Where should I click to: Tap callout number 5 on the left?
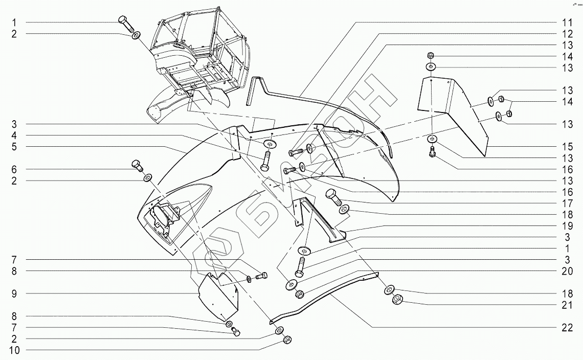[x=15, y=146]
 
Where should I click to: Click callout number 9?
[x=15, y=294]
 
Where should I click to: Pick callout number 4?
[x=15, y=135]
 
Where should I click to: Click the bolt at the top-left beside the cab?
[x=125, y=22]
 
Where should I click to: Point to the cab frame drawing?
[x=199, y=51]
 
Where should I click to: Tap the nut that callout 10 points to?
[x=287, y=340]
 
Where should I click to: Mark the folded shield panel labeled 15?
[x=453, y=110]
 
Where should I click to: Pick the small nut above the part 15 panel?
[x=431, y=55]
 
